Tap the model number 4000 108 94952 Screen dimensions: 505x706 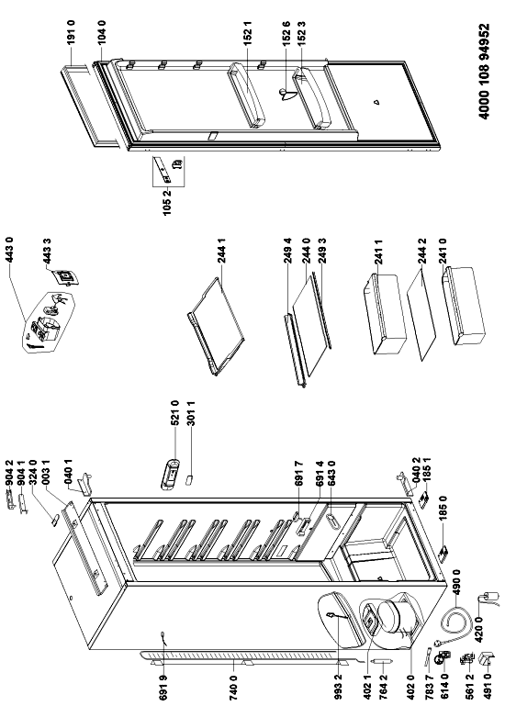[484, 72]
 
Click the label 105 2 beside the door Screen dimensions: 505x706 [167, 203]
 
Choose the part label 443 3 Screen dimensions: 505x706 [47, 251]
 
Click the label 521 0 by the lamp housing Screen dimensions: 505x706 [175, 412]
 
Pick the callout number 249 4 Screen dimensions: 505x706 [288, 251]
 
